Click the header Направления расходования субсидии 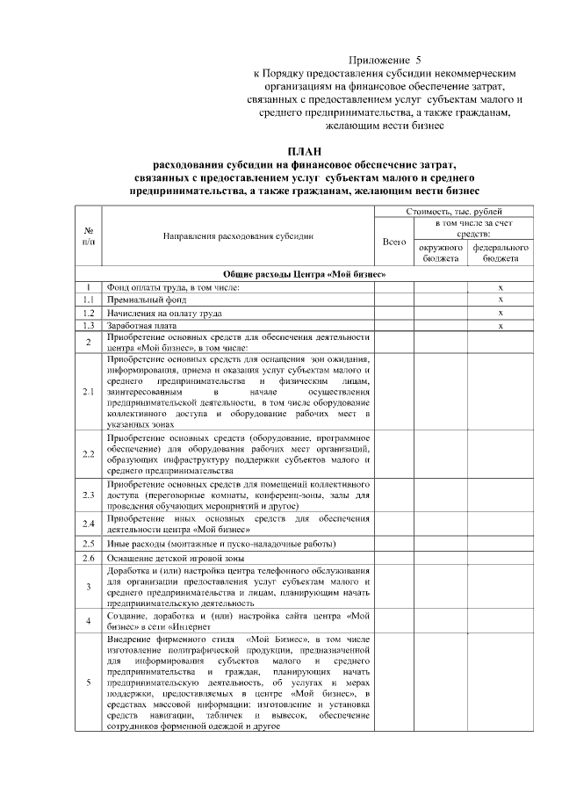(238, 237)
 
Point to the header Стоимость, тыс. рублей (454, 212)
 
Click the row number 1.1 (89, 300)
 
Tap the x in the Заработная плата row (501, 325)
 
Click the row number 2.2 (89, 454)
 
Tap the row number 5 (89, 682)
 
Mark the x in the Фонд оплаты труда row (501, 287)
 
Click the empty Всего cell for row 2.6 (394, 558)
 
